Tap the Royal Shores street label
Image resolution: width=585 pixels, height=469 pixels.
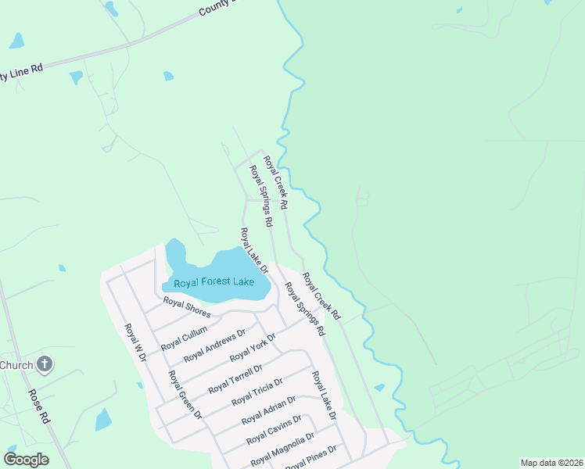pos(187,306)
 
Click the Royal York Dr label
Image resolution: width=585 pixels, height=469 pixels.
pos(253,347)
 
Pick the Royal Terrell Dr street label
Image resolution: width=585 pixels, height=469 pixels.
pos(235,379)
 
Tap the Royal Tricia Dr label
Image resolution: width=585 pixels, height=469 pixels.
pos(257,391)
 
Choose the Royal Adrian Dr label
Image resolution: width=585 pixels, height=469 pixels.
pos(268,410)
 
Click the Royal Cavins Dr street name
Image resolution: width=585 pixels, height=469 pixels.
pos(273,431)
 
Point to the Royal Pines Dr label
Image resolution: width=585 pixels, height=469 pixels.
pos(310,458)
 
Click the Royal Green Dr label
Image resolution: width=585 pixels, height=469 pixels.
pos(185,394)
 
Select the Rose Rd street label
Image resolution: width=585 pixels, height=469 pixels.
pos(39,406)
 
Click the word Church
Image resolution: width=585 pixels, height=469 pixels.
pos(16,365)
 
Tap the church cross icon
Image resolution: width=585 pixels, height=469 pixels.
pos(45,364)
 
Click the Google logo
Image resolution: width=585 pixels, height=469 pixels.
pos(26,459)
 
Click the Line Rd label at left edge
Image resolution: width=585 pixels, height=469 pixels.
pos(21,73)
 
